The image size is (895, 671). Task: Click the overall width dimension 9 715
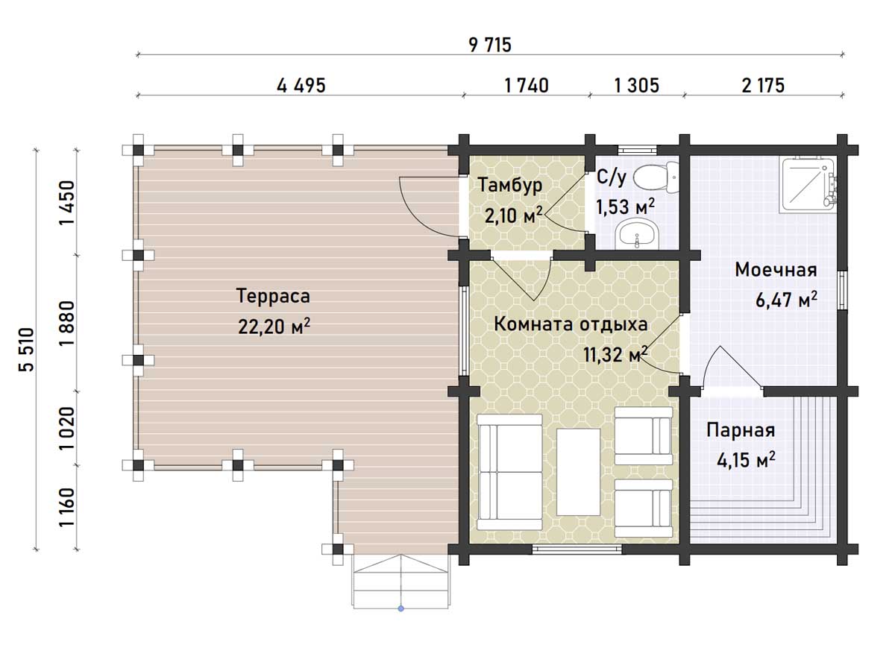click(x=490, y=45)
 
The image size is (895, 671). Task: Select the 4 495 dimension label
click(x=301, y=86)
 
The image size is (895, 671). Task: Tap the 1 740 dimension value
click(x=527, y=86)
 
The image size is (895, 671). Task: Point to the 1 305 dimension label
click(x=636, y=86)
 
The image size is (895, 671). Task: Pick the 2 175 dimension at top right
click(x=763, y=86)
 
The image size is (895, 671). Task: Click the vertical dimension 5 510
click(x=27, y=349)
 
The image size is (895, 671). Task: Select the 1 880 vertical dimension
click(x=67, y=323)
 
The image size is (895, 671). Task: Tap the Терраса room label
click(x=273, y=296)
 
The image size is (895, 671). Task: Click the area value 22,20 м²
click(x=274, y=327)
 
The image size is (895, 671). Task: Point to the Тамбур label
click(x=510, y=186)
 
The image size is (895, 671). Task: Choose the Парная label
click(x=741, y=431)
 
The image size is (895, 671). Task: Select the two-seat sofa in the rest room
click(x=509, y=472)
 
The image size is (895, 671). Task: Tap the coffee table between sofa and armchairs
click(x=579, y=472)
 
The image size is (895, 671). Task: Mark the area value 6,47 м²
click(x=786, y=300)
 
